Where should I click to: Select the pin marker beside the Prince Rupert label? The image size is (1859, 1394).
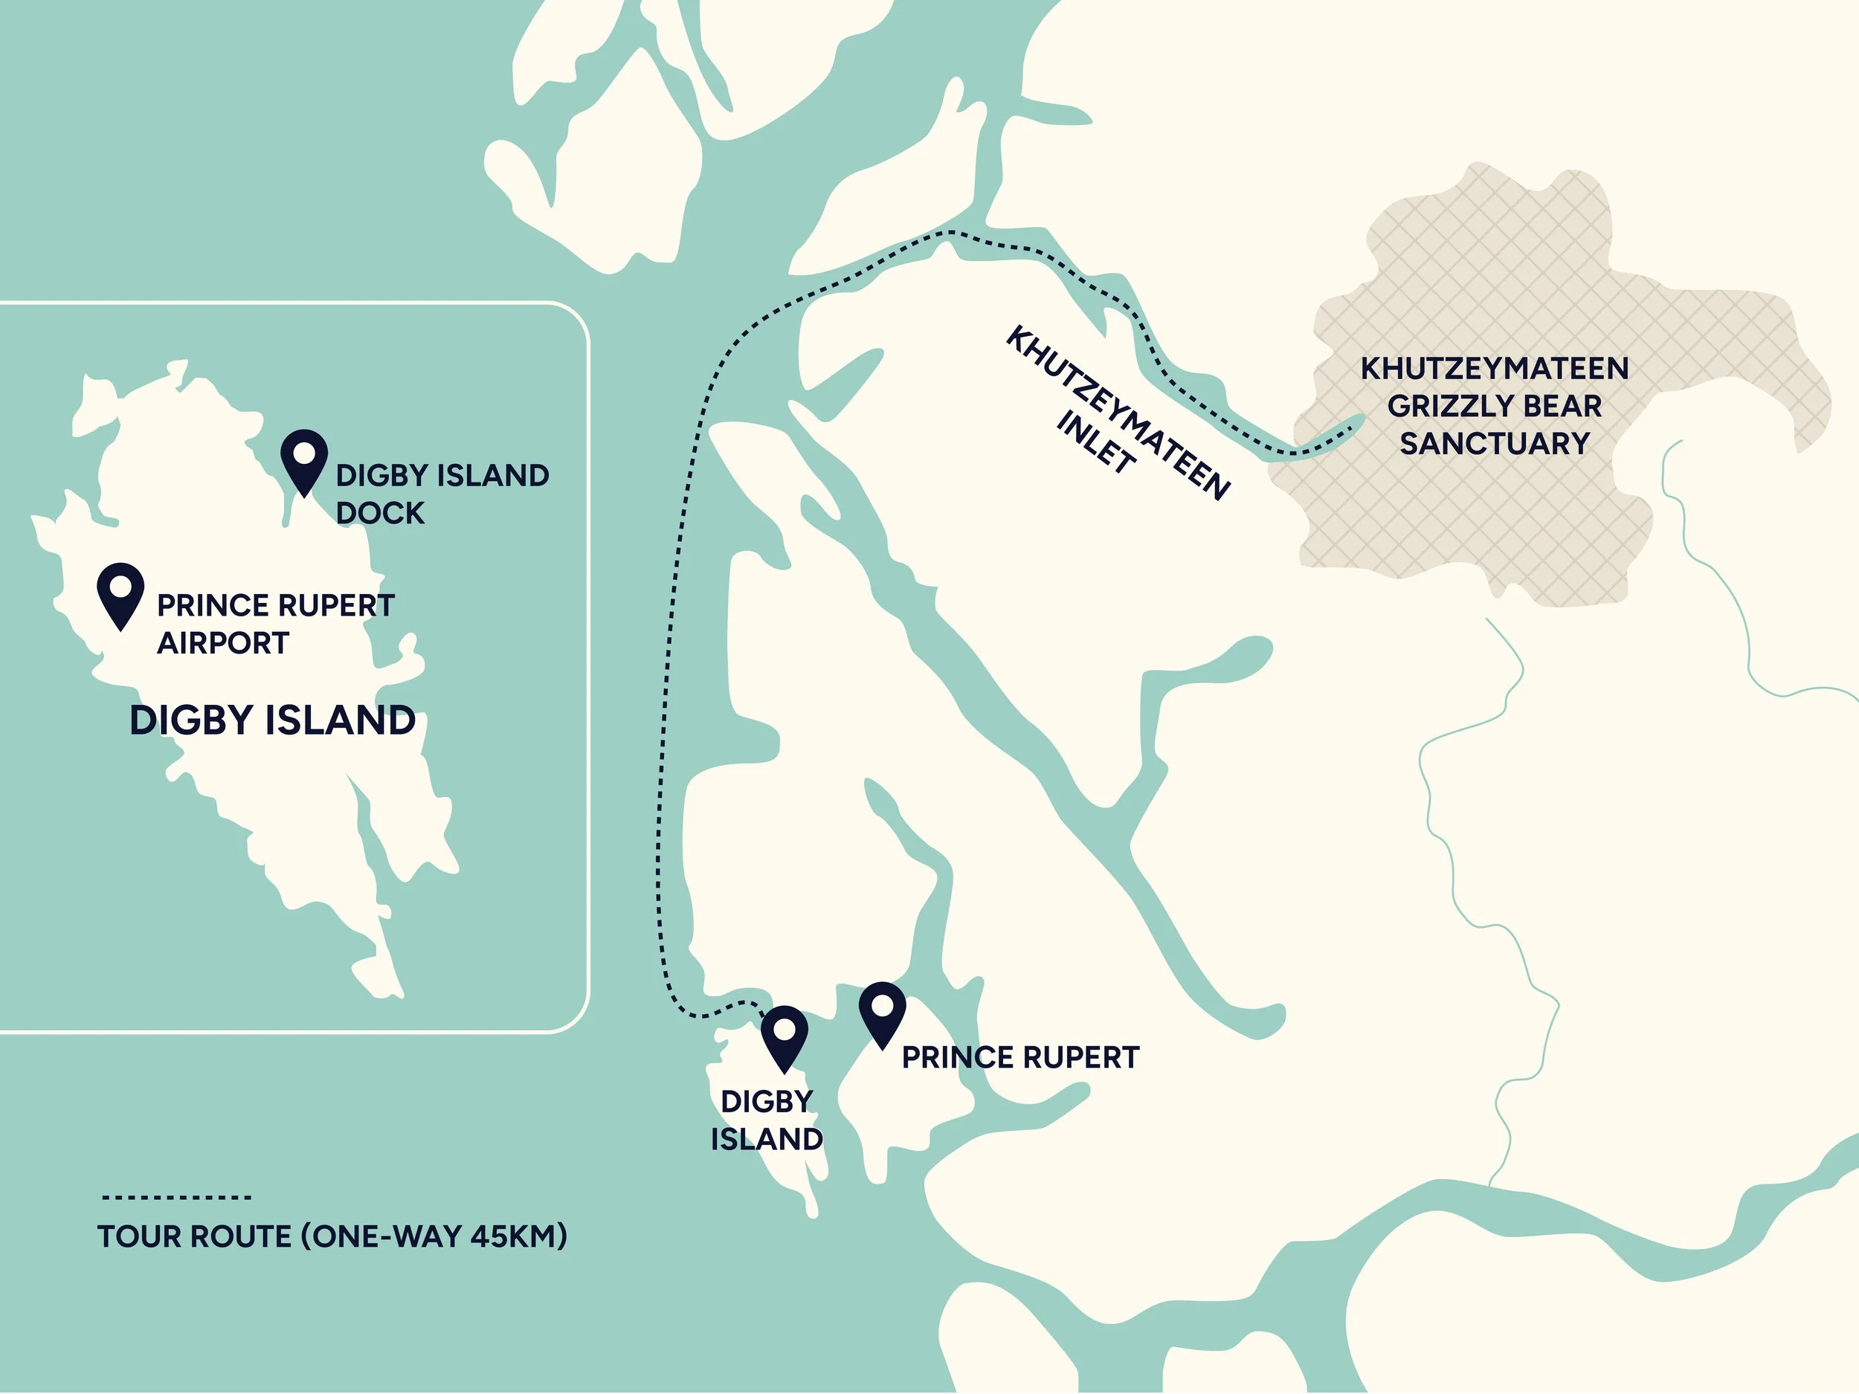coord(882,1012)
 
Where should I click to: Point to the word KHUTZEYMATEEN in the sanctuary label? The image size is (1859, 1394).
coord(1494,368)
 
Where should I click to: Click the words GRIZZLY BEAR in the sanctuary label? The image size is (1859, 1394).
coord(1494,406)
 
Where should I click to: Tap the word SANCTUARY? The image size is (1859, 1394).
coord(1494,443)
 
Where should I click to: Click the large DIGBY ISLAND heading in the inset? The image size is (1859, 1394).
coord(272,721)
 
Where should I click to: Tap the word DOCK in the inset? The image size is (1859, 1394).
coord(380,512)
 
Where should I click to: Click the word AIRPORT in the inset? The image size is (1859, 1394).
coord(223,643)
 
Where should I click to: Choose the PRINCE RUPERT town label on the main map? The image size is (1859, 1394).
coord(1020,1057)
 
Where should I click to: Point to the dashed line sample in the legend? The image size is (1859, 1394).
coord(176,1196)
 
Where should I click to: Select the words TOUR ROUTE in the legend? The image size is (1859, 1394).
coord(194,1236)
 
